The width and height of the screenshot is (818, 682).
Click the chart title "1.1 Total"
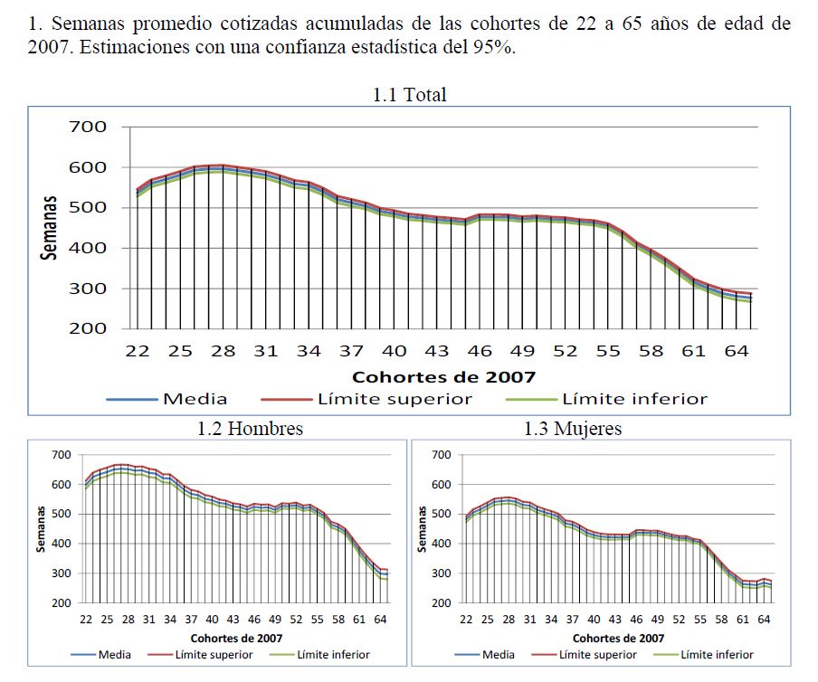click(409, 94)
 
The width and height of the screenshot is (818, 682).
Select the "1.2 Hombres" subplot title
click(250, 428)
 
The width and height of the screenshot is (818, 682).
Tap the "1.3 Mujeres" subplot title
click(573, 428)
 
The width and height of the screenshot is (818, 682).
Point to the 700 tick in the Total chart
click(87, 128)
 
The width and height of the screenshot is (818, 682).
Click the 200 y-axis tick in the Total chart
click(87, 328)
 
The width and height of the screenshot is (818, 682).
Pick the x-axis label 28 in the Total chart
click(223, 351)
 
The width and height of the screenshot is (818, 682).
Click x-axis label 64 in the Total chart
click(737, 351)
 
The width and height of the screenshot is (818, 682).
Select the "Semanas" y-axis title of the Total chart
click(51, 228)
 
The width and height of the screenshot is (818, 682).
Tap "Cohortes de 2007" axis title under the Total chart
click(443, 376)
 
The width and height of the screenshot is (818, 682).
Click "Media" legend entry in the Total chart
click(195, 399)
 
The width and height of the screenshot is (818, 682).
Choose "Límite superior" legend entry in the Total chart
click(394, 399)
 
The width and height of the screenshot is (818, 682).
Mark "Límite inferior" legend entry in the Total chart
click(633, 399)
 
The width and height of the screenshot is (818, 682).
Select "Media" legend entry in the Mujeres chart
click(498, 655)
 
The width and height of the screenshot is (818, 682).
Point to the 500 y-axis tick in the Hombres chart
click(62, 514)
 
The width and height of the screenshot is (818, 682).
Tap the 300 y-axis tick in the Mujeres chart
click(442, 573)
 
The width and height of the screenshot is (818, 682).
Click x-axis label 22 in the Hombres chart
click(86, 620)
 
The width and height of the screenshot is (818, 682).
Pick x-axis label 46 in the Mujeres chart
click(637, 620)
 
